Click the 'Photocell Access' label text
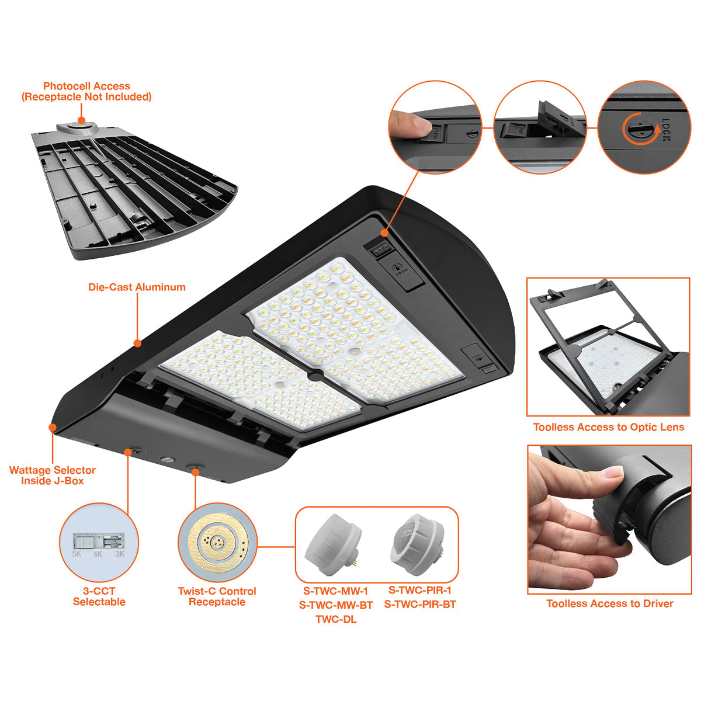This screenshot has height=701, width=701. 86,86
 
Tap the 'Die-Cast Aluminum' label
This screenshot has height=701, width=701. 137,287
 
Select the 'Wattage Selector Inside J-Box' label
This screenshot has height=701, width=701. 53,475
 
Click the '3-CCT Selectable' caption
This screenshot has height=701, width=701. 99,596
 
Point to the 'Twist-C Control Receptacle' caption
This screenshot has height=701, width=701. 217,596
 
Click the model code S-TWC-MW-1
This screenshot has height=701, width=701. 335,591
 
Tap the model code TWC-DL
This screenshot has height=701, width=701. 336,619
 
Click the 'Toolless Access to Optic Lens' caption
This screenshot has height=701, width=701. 609,427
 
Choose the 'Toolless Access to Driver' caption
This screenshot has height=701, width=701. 610,603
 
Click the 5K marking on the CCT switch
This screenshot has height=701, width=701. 77,554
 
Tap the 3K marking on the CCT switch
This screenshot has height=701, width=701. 120,554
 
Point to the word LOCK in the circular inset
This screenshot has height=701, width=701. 666,129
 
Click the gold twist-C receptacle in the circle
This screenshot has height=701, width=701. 217,542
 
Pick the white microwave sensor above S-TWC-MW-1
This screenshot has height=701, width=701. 333,544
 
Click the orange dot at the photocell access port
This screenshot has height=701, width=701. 81,120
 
